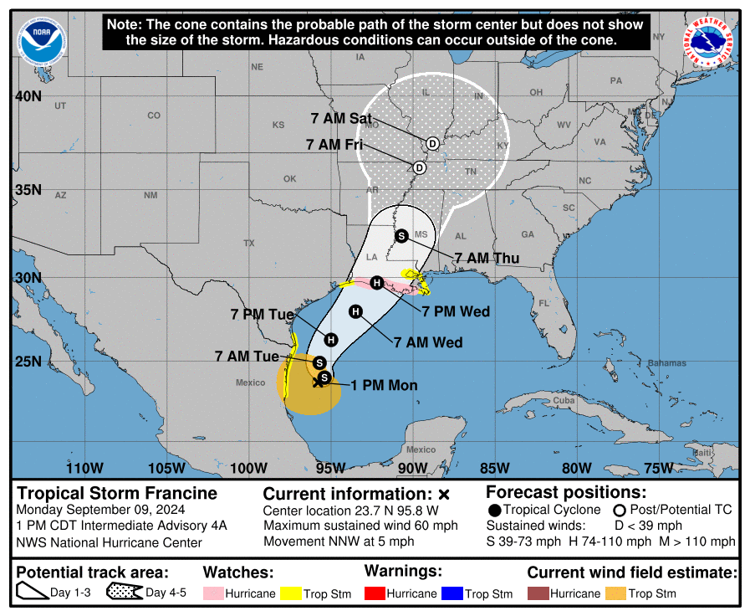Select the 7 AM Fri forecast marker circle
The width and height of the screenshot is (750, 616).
pyautogui.click(x=420, y=167)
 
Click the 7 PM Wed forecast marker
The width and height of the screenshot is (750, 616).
pyautogui.click(x=377, y=283)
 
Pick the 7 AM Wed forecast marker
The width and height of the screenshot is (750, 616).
pyautogui.click(x=355, y=312)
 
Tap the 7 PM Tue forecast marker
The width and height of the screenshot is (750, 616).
pyautogui.click(x=331, y=340)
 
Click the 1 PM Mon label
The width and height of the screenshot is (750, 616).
pyautogui.click(x=383, y=386)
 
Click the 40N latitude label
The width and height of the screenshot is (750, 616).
pyautogui.click(x=28, y=96)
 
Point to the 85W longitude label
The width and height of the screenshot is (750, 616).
pyautogui.click(x=494, y=468)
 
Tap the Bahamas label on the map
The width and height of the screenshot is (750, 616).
pyautogui.click(x=667, y=363)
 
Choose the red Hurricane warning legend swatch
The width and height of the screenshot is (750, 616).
pyautogui.click(x=375, y=593)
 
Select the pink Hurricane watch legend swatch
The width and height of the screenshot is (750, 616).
pyautogui.click(x=213, y=593)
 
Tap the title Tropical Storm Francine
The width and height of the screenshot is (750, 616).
pyautogui.click(x=117, y=493)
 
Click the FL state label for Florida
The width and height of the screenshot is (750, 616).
pyautogui.click(x=544, y=303)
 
